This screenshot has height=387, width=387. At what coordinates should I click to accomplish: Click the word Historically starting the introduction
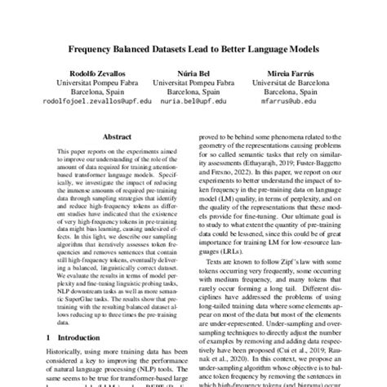click(x=67, y=354)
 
